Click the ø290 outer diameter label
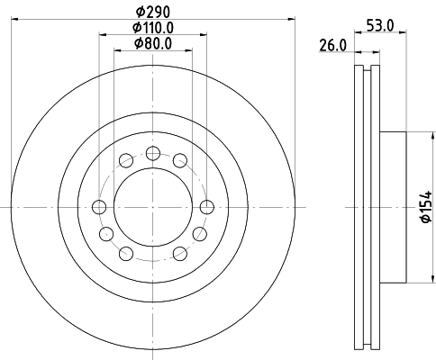pos(152,12)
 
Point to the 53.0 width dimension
pos(380,26)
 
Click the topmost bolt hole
pos(152,151)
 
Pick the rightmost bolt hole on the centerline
pos(207,208)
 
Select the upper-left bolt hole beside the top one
pos(124,160)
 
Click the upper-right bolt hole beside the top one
pos(180,160)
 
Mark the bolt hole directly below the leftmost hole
pos(106,235)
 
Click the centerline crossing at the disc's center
pos(152,208)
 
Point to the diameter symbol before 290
pos(137,12)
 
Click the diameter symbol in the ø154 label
pos(426,226)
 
